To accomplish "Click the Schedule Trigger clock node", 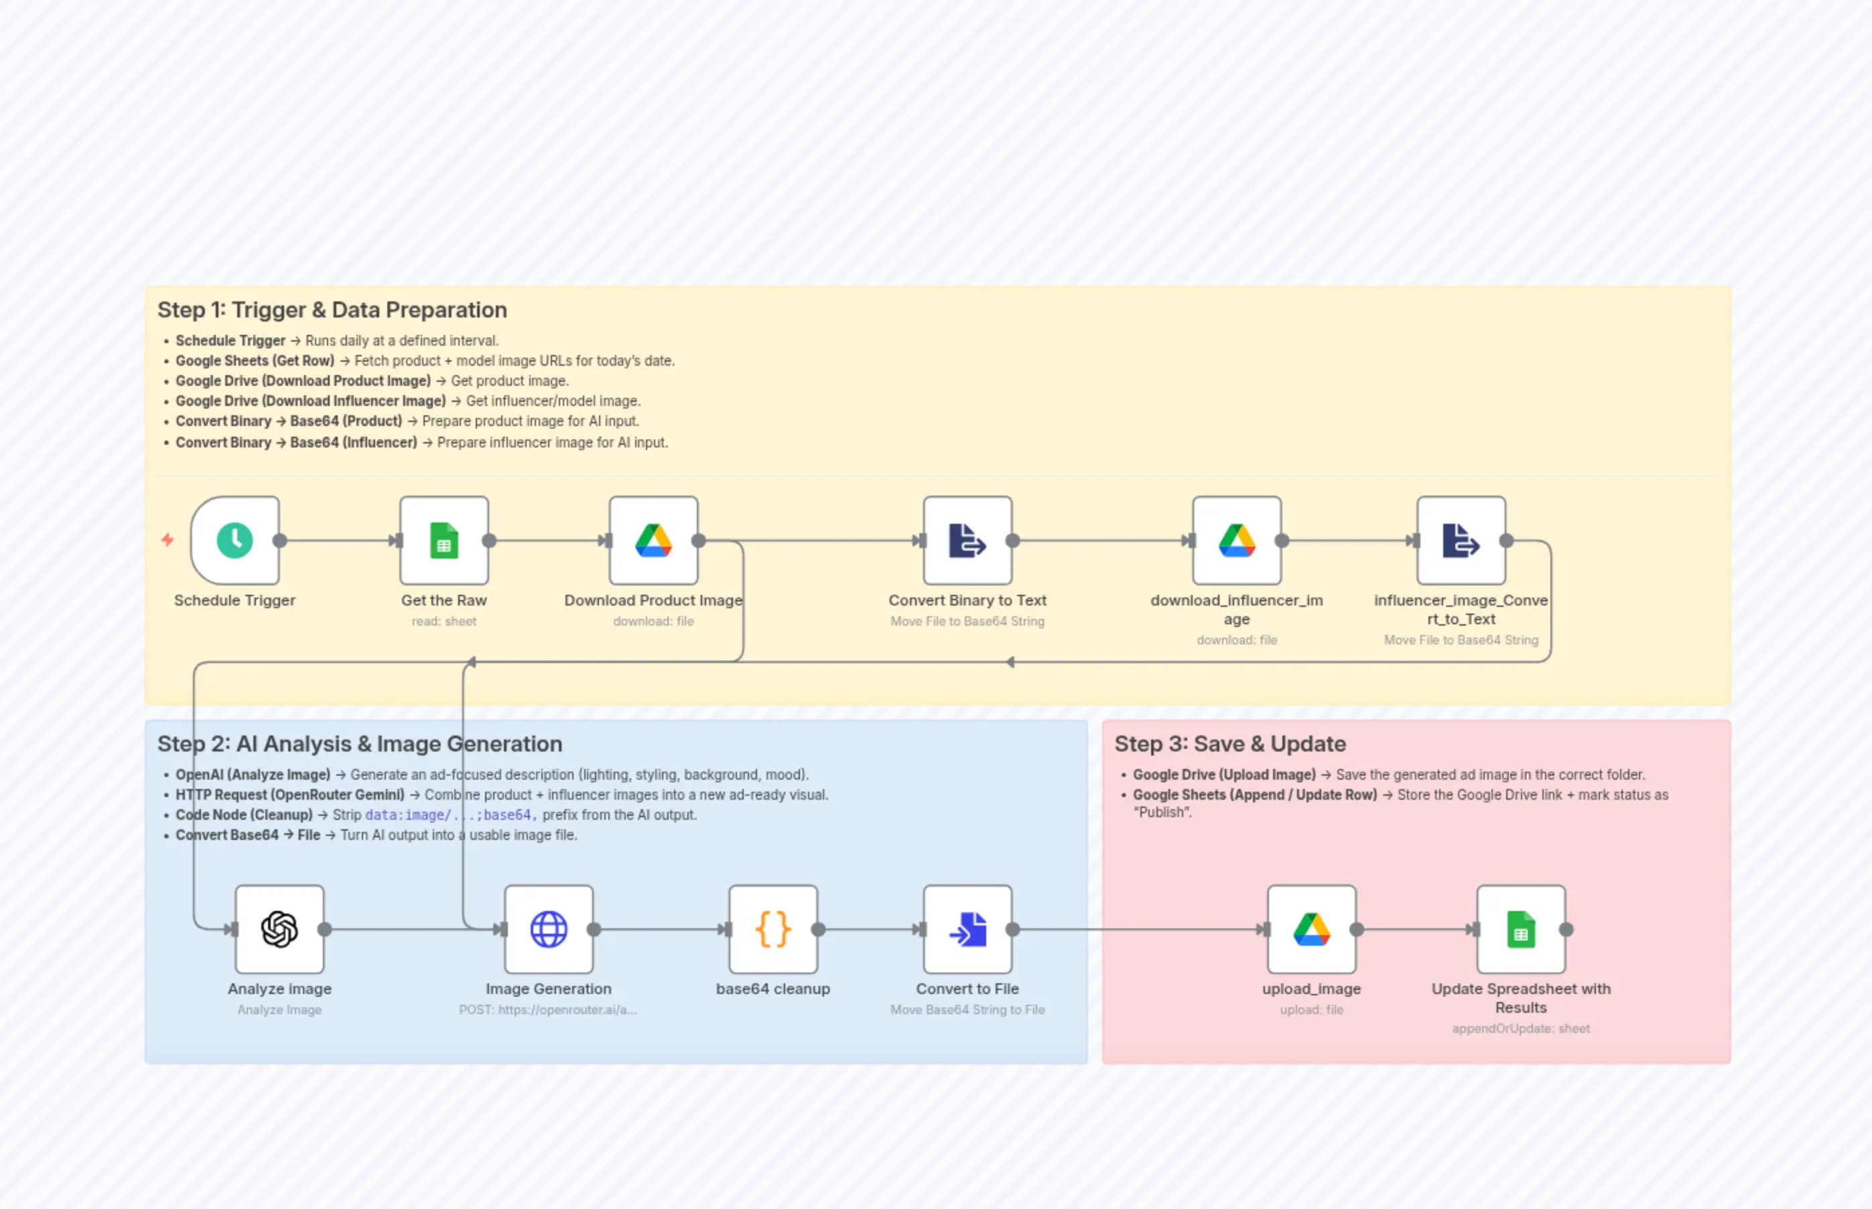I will coord(234,540).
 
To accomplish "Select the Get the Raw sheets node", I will coord(444,540).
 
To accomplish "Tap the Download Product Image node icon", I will coord(653,540).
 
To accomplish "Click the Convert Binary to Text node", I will coord(967,540).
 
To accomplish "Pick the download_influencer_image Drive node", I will coord(1237,540).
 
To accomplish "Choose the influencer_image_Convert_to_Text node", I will coord(1461,540).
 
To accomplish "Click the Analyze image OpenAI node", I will coord(279,930).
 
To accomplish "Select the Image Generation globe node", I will coord(548,930).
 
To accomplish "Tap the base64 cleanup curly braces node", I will coord(773,930).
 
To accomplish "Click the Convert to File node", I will coord(967,930).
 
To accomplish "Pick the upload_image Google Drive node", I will coord(1311,930).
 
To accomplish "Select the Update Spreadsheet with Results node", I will coord(1520,930).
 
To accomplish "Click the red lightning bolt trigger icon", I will coord(168,539).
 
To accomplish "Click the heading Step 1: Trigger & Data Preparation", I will coord(332,310).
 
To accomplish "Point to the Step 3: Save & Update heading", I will coord(1229,743).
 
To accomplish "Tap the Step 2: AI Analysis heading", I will coord(360,743).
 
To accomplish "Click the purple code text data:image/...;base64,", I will coord(451,815).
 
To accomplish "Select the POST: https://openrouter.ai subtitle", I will coord(548,1009).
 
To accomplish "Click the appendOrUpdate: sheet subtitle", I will coord(1520,1028).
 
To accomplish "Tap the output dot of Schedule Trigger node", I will coord(279,540).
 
